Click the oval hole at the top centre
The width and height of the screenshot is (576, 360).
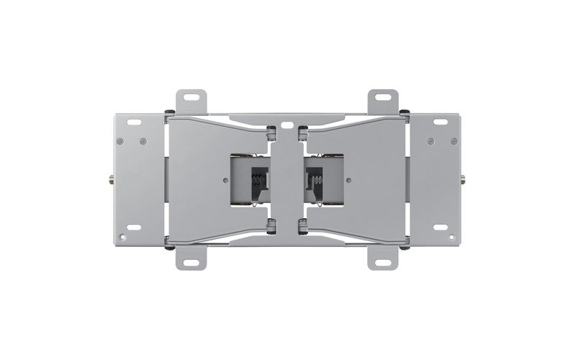pyautogui.click(x=287, y=124)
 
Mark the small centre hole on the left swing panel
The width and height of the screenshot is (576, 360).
pyautogui.click(x=227, y=179)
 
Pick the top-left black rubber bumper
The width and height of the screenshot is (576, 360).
pyautogui.click(x=168, y=112)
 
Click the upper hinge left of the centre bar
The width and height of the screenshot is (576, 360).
pyautogui.click(x=271, y=133)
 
